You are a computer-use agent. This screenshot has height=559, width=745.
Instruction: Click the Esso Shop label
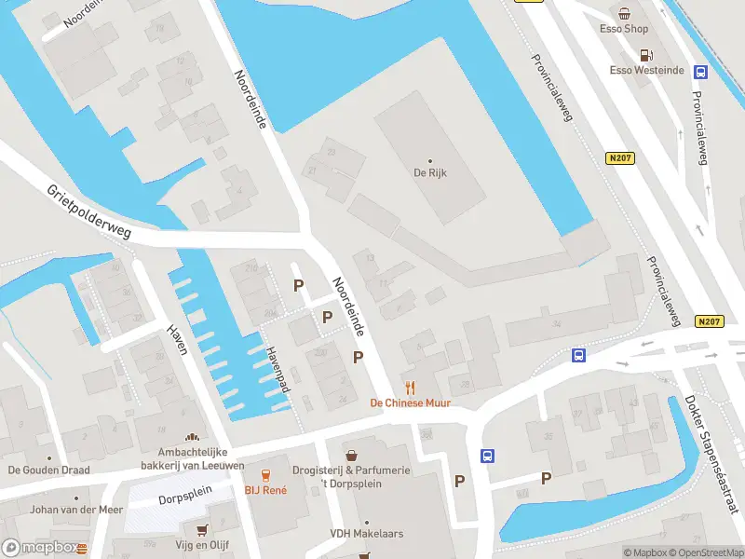coord(623,29)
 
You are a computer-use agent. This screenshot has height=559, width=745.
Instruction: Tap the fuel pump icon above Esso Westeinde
coord(645,54)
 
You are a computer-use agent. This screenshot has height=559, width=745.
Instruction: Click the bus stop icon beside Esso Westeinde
coord(700,71)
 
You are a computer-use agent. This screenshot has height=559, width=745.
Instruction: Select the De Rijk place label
coord(430,172)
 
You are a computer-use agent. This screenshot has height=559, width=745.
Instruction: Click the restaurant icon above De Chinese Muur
coord(410,388)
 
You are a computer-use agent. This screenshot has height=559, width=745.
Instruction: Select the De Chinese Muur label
coord(410,403)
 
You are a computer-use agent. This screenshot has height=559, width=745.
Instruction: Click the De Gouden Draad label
coord(48,470)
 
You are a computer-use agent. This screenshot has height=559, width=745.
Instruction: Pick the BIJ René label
coord(264,489)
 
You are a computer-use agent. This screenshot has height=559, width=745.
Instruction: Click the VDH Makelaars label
coord(366,534)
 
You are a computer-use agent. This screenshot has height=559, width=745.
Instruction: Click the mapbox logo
coord(44,548)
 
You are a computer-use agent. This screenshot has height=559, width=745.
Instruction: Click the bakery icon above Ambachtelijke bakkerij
coord(193,437)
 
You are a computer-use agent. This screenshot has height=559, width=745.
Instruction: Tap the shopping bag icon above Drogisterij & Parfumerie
coord(351,456)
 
